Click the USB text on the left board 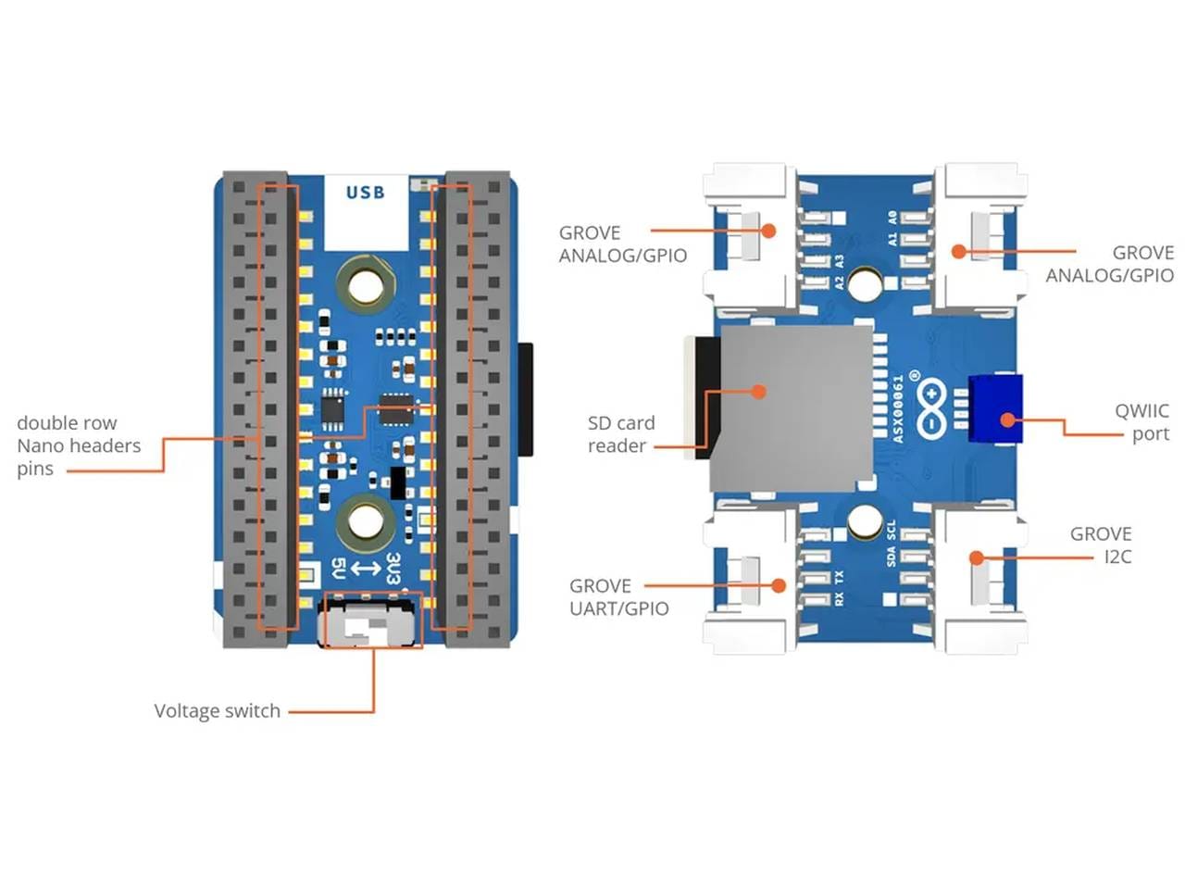[365, 193]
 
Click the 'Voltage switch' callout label [217, 711]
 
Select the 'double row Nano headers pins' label [79, 445]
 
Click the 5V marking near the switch [338, 568]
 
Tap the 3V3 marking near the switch [393, 568]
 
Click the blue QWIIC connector [995, 408]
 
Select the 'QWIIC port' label [1141, 422]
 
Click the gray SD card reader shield [792, 407]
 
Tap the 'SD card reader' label [620, 434]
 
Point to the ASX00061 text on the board [897, 408]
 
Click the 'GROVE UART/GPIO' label [618, 597]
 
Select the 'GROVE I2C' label [1101, 545]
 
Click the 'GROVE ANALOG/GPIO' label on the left [622, 244]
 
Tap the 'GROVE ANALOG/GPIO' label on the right [1109, 264]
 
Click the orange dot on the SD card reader [758, 392]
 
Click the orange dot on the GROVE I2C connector [976, 557]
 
